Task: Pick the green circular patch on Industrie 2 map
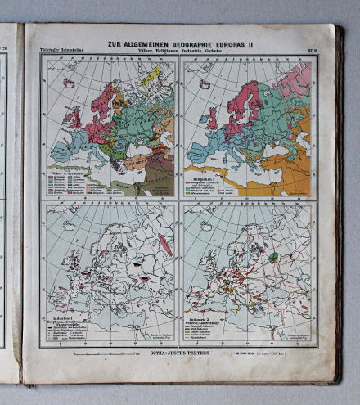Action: [x=276, y=256]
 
